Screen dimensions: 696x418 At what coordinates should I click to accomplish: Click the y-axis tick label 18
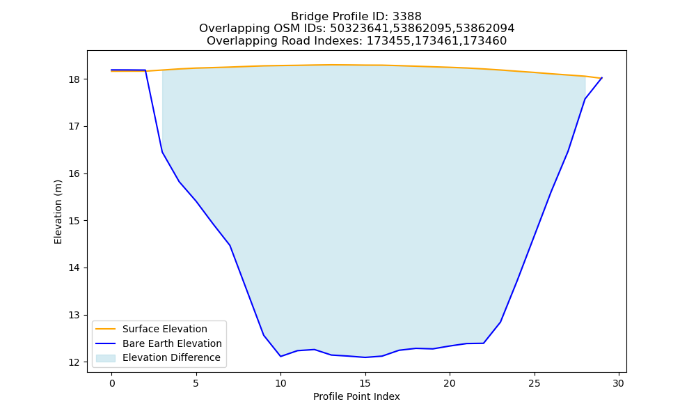pyautogui.click(x=74, y=79)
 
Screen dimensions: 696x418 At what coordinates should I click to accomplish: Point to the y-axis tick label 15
pyautogui.click(x=74, y=221)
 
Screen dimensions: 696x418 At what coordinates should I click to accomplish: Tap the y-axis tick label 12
pyautogui.click(x=74, y=362)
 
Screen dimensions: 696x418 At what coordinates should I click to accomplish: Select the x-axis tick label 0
pyautogui.click(x=112, y=383)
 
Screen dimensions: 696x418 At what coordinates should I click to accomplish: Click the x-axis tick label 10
pyautogui.click(x=280, y=383)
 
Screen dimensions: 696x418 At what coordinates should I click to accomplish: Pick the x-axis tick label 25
pyautogui.click(x=535, y=383)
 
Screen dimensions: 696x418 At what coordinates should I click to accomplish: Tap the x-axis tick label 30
pyautogui.click(x=619, y=383)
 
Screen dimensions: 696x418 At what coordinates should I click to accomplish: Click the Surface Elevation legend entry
pyautogui.click(x=152, y=329)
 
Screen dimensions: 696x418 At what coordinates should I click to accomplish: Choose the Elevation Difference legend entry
pyautogui.click(x=158, y=357)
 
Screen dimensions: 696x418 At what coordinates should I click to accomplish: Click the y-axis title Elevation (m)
pyautogui.click(x=58, y=212)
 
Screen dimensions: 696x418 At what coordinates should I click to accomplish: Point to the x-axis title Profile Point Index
pyautogui.click(x=356, y=396)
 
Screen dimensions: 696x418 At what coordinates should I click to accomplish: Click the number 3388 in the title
pyautogui.click(x=407, y=17)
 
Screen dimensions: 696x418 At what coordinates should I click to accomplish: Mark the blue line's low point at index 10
pyautogui.click(x=280, y=356)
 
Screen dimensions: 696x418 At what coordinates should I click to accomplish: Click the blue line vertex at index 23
pyautogui.click(x=500, y=322)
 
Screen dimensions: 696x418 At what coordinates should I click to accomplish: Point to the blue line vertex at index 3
pyautogui.click(x=162, y=152)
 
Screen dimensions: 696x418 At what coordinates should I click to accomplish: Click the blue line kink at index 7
pyautogui.click(x=230, y=245)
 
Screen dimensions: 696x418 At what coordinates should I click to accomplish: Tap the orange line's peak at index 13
pyautogui.click(x=331, y=65)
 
